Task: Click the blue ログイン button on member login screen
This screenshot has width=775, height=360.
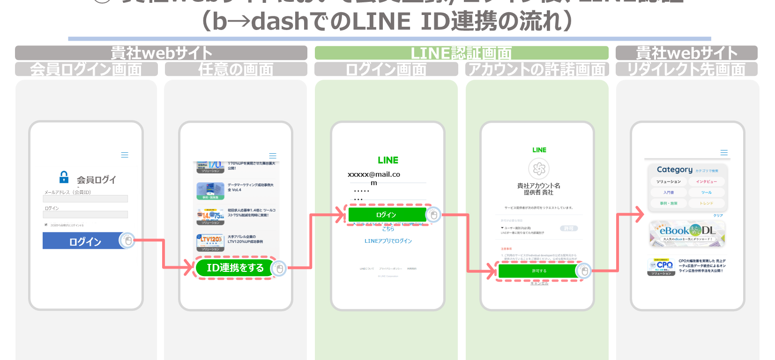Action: coord(85,241)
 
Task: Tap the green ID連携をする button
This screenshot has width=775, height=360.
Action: coord(235,268)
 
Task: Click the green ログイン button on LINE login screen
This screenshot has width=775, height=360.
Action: coord(386,215)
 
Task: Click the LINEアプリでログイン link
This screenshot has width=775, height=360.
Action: coord(388,241)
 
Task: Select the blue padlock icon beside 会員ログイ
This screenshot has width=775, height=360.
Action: coord(64,177)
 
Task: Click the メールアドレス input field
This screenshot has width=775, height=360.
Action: coord(85,199)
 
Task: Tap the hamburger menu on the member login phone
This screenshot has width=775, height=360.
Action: coord(125,155)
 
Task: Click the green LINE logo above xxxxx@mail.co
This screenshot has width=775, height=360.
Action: coord(388,160)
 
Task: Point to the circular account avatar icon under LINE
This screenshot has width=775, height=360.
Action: coord(539,168)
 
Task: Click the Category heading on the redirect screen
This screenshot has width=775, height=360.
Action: coord(674,170)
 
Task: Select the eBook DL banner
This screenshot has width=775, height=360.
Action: coord(687,233)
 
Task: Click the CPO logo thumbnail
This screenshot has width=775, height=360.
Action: coord(661,266)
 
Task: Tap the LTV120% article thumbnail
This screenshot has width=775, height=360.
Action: coord(210,242)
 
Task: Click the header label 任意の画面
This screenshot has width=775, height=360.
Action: coord(236,69)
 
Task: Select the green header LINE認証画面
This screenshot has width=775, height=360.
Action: coord(461,53)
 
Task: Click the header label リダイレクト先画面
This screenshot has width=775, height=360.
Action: coord(686,69)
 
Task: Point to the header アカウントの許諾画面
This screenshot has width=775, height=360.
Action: coord(537,69)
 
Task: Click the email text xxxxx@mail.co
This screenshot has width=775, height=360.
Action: coord(374,174)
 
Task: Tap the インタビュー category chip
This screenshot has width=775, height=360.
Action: coord(706,181)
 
